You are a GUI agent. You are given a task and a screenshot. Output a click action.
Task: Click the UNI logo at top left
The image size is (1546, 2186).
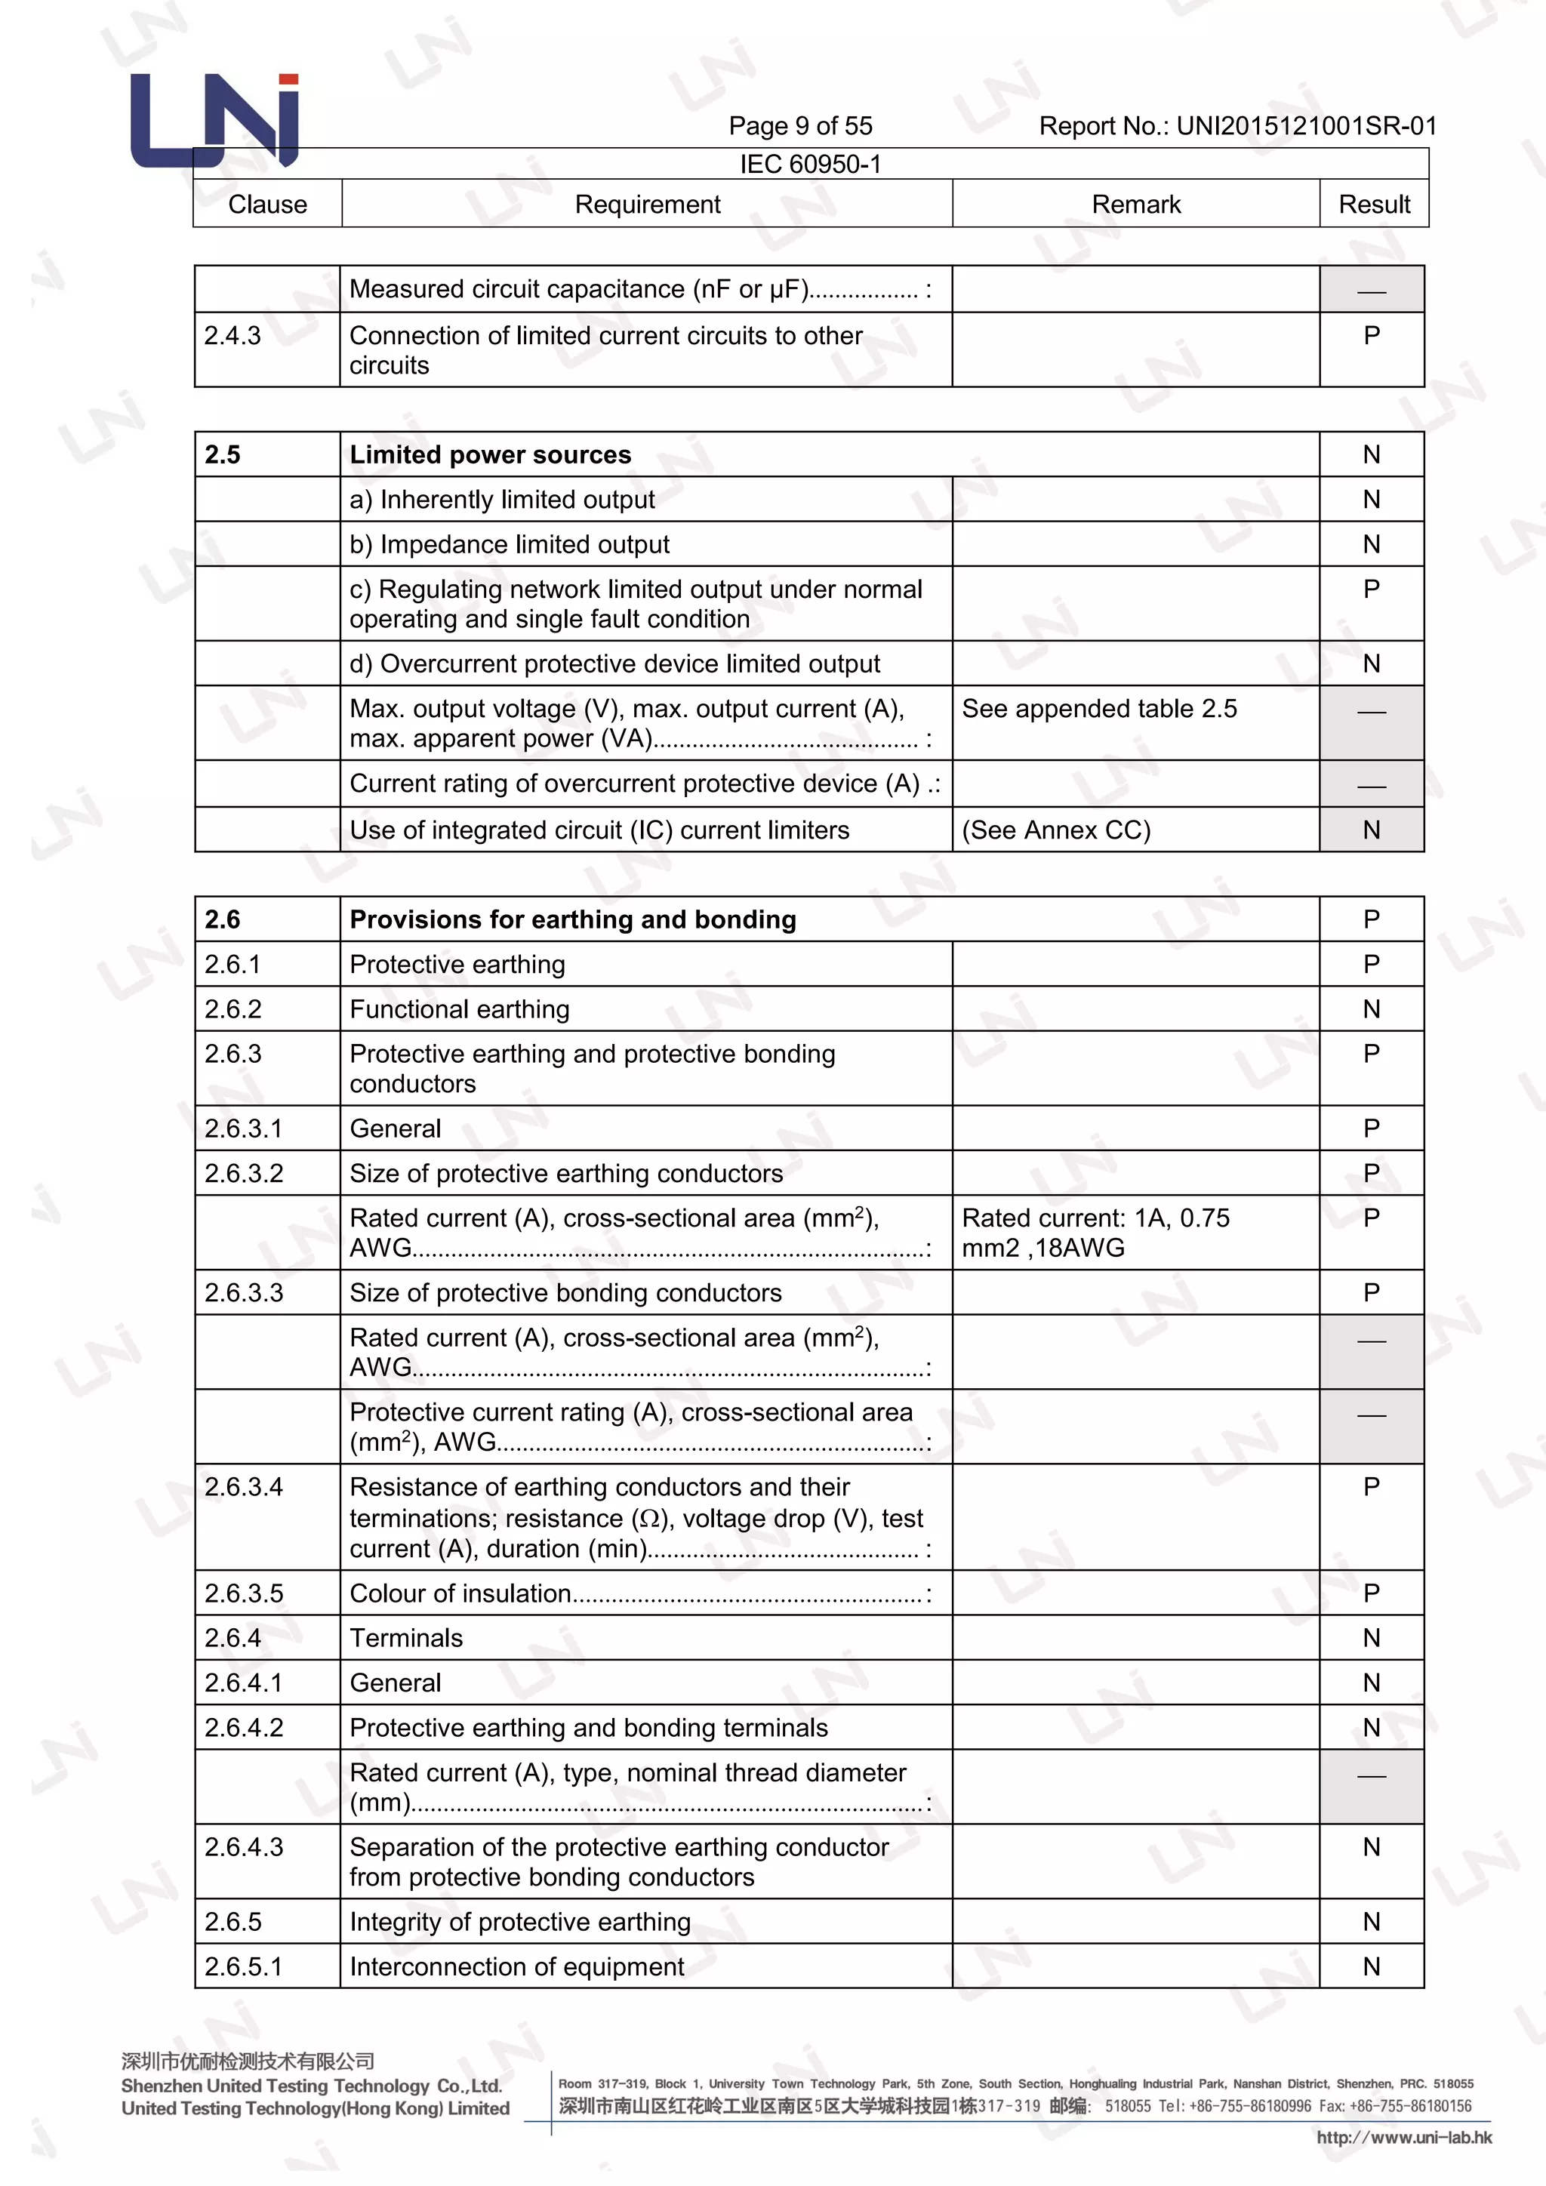[215, 121]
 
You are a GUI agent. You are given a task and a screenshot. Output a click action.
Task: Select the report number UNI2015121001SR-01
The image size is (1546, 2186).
[1236, 125]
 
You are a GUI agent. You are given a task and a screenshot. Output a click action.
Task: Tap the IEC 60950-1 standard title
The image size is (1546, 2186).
[810, 164]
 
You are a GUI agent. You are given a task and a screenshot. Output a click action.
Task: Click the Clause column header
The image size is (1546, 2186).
[267, 205]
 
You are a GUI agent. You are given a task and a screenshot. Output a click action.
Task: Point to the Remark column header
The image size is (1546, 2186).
[1135, 205]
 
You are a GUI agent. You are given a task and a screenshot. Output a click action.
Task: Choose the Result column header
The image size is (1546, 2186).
[1374, 205]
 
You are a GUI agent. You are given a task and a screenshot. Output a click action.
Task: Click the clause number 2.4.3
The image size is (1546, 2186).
[233, 335]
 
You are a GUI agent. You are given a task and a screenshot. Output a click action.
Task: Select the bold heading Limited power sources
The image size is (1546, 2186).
[490, 455]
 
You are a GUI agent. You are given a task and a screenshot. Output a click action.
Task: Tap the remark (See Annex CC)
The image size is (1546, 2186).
[1056, 830]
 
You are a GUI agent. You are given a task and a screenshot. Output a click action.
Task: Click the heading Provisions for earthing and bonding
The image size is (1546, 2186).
[573, 919]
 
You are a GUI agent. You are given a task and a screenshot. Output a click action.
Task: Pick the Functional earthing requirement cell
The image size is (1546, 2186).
[460, 1009]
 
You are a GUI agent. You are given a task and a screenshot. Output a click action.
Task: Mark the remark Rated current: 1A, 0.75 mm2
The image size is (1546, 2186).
[1095, 1232]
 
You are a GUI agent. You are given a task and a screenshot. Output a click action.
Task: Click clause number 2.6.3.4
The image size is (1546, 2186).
[244, 1487]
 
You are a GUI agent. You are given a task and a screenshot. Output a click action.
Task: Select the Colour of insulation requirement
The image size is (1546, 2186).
[460, 1593]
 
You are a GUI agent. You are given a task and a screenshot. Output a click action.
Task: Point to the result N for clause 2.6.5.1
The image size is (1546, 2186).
[1371, 1967]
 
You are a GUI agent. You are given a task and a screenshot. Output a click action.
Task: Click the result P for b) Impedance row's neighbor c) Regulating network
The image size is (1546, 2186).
[1371, 590]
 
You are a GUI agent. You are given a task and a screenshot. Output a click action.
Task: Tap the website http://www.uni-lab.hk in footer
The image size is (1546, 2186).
[1403, 2138]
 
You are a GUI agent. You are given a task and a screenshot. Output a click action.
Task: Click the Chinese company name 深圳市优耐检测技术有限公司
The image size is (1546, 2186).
[248, 2061]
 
